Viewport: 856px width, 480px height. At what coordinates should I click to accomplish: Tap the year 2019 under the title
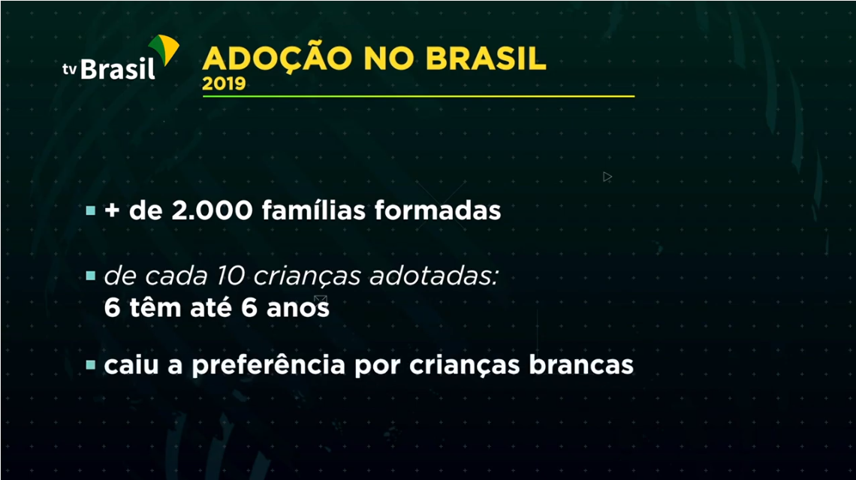[224, 83]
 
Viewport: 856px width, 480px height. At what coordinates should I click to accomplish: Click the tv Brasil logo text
[109, 69]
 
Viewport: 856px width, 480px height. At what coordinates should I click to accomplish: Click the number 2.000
[212, 211]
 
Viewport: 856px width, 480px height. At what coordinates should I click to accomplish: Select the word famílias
[313, 210]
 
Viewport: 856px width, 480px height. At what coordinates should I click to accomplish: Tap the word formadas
[438, 210]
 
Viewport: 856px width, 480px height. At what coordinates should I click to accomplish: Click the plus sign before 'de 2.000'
[113, 211]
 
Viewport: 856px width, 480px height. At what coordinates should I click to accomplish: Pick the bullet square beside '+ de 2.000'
[91, 210]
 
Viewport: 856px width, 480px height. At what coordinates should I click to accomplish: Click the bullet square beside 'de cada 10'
[91, 276]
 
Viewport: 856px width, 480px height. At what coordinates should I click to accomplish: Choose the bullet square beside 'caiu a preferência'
[91, 365]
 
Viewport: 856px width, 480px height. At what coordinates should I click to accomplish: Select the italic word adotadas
[435, 276]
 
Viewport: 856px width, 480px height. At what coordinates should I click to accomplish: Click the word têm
[155, 307]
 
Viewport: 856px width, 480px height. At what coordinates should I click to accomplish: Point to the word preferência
[269, 365]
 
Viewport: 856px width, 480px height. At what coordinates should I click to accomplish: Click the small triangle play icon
[607, 177]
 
